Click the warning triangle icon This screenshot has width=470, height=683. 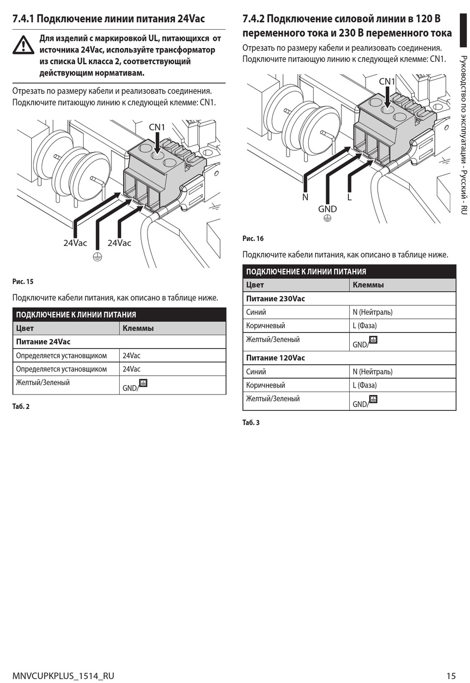pos(23,45)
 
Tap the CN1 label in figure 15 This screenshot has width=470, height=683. pos(157,127)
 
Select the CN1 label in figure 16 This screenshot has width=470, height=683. pos(387,82)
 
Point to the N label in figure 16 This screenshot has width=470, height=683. pos(305,197)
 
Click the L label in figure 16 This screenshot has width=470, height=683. pos(349,197)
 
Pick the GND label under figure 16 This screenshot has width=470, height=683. pos(328,209)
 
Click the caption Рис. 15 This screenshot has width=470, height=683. pos(23,282)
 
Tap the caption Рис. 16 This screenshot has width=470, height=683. pos(253,239)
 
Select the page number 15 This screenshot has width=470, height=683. pos(451,676)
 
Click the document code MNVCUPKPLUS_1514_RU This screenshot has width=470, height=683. pos(63,676)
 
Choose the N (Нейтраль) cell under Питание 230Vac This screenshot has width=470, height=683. pos(373,312)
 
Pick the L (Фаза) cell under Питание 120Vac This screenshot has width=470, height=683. pos(365,385)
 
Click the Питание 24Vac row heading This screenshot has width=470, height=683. pos(43,342)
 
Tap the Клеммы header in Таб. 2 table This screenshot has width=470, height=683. pos(138,328)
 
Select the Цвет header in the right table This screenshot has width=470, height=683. pos(255,285)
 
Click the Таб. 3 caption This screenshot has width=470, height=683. pos(251,423)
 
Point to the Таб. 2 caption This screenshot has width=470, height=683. pos(21,406)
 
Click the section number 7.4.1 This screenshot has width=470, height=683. pos(23,19)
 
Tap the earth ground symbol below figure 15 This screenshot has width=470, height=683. pos(97,257)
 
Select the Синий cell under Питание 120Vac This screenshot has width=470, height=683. pos(256,372)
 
